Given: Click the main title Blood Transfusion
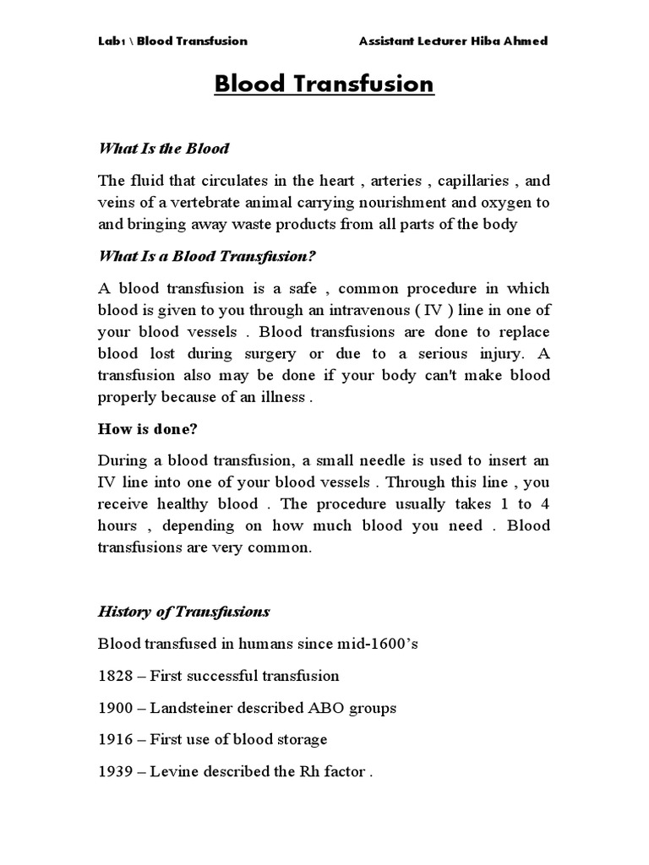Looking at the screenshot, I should tap(324, 84).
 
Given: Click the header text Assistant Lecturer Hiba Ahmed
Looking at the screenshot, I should tap(453, 41).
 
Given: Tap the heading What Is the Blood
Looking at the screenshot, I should tap(164, 149).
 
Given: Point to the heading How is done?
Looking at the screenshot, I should tap(147, 429).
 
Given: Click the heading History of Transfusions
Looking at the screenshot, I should tap(184, 611).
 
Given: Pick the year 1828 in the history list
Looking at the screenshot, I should tap(115, 676).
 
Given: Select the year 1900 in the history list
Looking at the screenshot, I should tap(115, 708).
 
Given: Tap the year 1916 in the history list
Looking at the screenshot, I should tap(115, 739).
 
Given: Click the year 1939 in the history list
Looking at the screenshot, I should tap(115, 771).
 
